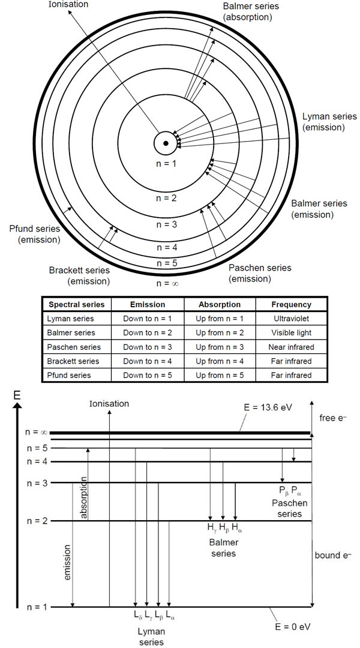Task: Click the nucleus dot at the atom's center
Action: (x=165, y=143)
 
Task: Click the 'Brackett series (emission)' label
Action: (x=80, y=275)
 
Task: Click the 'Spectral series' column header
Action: (x=76, y=304)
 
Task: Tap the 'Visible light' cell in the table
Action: (x=291, y=332)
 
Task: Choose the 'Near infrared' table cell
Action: (x=291, y=347)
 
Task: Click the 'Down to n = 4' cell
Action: (x=148, y=361)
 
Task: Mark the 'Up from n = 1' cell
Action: (x=220, y=319)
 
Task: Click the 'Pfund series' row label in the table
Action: (x=69, y=375)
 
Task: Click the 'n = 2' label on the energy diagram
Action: (x=37, y=520)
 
